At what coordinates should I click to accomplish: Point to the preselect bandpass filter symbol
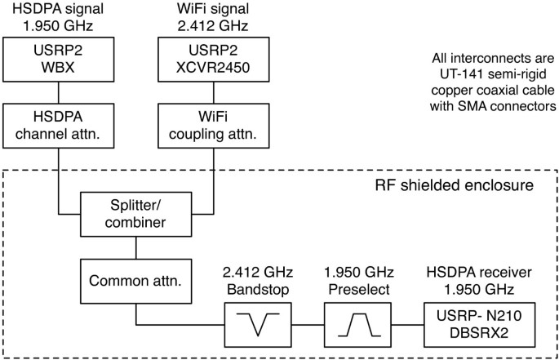coord(359,324)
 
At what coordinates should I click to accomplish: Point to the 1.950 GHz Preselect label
coord(359,281)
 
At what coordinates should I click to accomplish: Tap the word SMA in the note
coord(470,106)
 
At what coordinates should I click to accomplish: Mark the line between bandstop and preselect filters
coord(308,324)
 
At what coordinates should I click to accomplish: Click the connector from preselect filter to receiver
coord(410,324)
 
